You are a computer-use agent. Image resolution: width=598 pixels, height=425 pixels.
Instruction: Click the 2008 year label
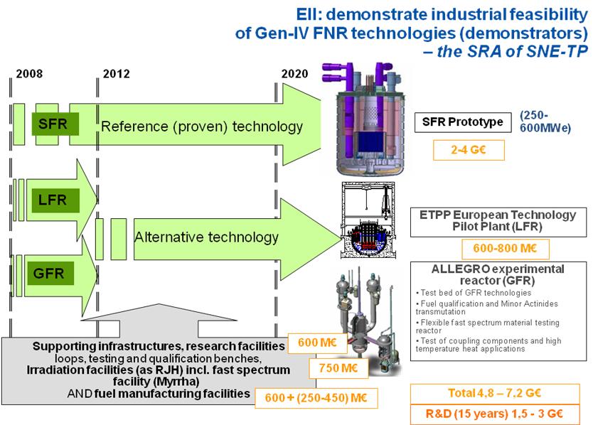(29, 74)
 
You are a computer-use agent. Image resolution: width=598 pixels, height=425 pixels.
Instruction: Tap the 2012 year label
(117, 74)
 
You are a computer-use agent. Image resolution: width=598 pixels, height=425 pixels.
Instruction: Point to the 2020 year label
(294, 74)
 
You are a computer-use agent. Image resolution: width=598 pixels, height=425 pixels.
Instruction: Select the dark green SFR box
(55, 124)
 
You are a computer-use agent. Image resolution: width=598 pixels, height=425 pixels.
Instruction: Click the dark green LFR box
(55, 200)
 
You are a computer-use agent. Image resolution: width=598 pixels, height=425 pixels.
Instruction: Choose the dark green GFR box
(50, 274)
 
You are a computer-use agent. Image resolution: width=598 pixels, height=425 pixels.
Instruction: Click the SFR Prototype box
(463, 122)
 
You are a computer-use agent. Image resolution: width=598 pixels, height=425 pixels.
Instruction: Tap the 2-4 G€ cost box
(469, 150)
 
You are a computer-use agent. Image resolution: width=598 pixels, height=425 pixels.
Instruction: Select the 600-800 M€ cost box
(506, 249)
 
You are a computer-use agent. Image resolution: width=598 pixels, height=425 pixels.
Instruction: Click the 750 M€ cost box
(338, 368)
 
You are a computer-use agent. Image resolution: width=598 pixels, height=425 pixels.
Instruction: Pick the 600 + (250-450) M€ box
(316, 398)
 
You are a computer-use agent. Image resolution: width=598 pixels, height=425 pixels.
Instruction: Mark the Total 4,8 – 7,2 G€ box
(495, 393)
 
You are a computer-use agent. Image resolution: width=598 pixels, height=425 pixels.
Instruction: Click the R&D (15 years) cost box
(495, 414)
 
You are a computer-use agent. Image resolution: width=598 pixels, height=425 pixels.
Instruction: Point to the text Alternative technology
(206, 237)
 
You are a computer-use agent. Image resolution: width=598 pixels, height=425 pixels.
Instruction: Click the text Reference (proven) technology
(202, 127)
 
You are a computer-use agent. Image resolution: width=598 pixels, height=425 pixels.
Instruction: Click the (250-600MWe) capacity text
(545, 122)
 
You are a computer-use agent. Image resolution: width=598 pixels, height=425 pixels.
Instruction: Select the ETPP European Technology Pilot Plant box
(498, 222)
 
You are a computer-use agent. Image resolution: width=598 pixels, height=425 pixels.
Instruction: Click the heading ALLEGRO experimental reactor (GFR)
(498, 275)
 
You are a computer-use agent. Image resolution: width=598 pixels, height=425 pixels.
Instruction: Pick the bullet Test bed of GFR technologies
(474, 293)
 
